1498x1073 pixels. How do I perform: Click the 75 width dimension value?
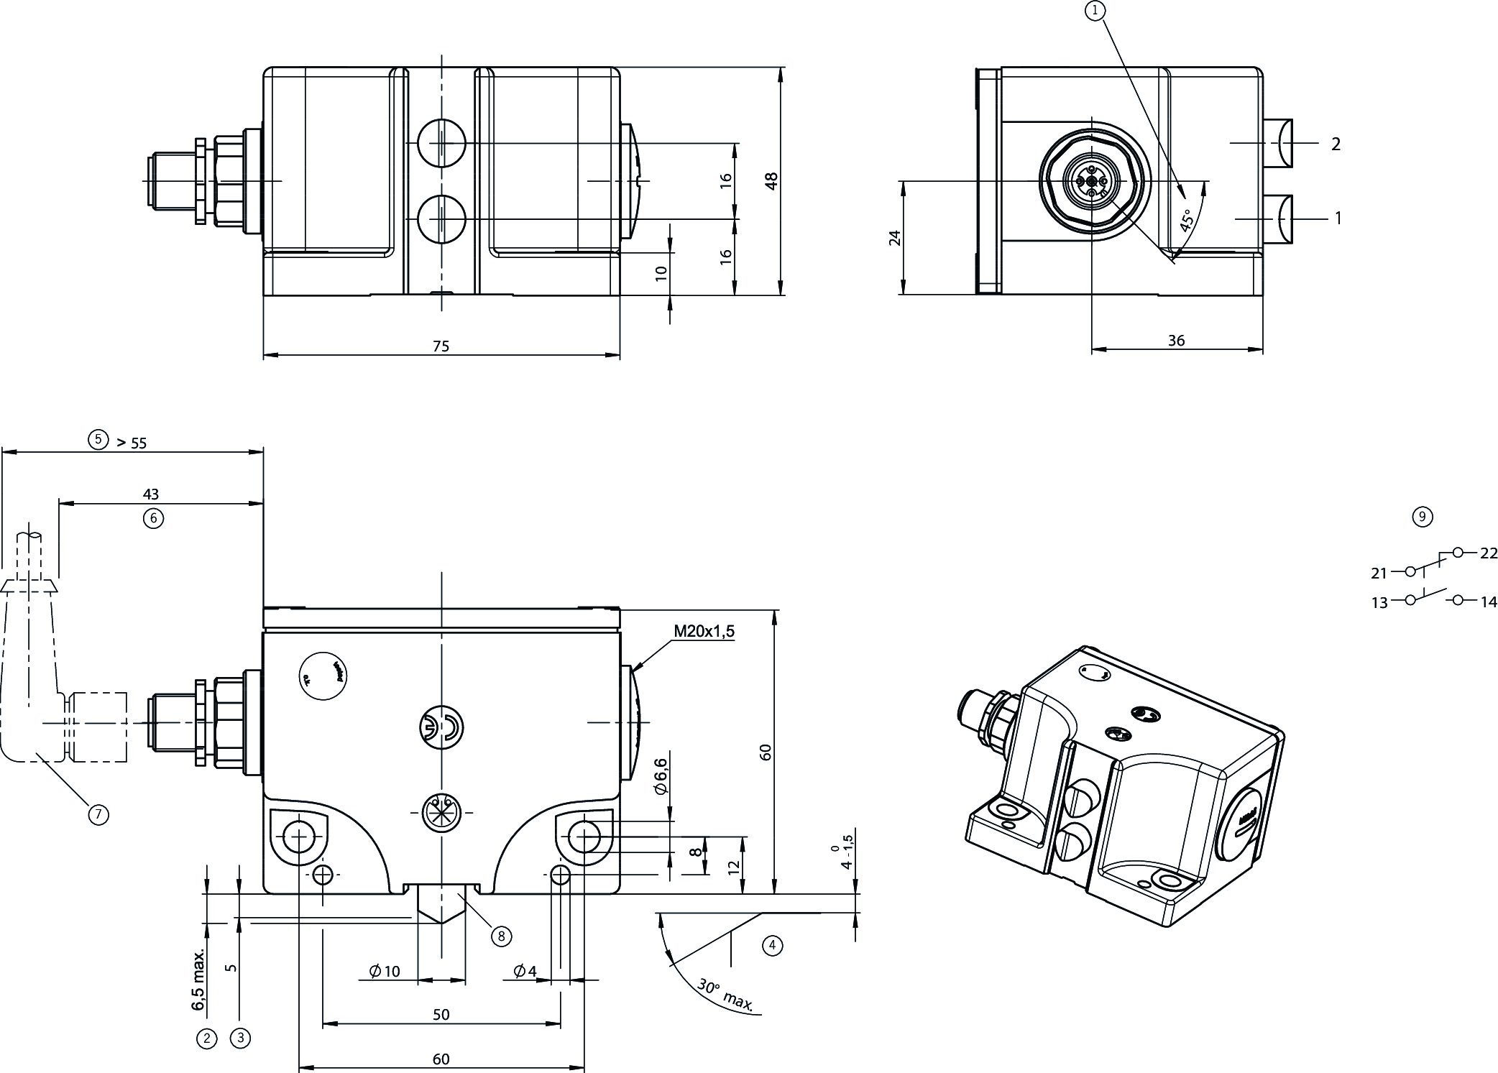441,346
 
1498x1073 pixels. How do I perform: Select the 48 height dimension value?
771,180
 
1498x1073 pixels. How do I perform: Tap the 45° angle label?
1187,219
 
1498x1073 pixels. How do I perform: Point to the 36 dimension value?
1176,341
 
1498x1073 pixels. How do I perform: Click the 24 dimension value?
895,238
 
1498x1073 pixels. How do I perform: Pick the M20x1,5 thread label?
704,632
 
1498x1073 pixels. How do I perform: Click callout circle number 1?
1095,10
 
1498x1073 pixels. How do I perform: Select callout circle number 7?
98,814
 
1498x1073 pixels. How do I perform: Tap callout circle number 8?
501,936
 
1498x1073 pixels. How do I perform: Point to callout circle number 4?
772,945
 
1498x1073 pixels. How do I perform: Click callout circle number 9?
1422,516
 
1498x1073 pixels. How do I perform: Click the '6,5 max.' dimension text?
199,979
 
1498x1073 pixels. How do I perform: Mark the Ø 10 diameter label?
385,972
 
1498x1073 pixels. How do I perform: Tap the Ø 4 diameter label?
525,972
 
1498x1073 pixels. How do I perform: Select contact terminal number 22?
1489,553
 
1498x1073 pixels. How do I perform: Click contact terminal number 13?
1379,603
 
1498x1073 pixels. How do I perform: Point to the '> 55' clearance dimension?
132,443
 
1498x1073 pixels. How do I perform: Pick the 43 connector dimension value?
151,494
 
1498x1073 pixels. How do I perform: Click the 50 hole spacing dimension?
441,1014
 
